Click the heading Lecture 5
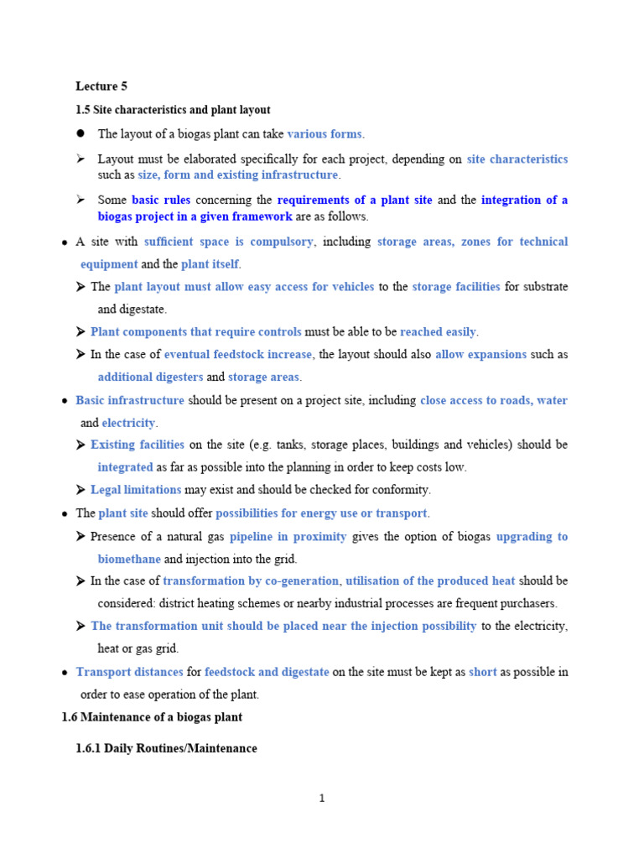101,86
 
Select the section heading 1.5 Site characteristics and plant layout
173,110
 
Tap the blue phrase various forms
325,134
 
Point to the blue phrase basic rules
161,200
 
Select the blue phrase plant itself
210,264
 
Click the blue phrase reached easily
438,332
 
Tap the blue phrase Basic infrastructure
130,400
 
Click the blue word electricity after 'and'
129,423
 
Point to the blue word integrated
125,467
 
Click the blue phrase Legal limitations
136,490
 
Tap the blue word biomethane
129,559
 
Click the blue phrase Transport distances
129,672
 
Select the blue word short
483,672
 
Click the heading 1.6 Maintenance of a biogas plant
152,717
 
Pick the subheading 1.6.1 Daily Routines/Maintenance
166,748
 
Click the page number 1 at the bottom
321,799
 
